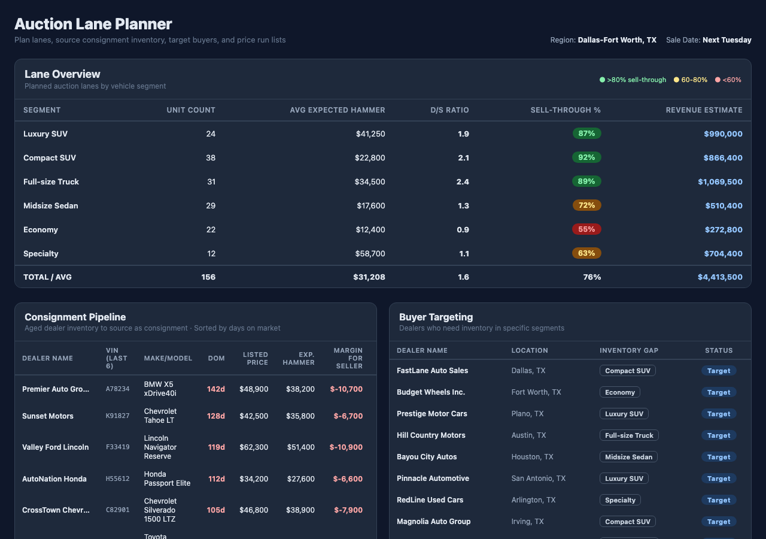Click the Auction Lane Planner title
pos(93,24)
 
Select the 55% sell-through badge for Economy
pos(586,229)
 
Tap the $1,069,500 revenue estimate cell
pos(720,181)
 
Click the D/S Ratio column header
pos(449,110)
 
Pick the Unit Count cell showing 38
pos(211,158)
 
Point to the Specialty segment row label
pos(41,253)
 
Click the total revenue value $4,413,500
pos(720,277)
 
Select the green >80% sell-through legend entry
pos(633,80)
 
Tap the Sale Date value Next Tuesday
pos(727,40)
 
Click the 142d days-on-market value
pos(216,389)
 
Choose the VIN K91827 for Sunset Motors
pos(118,416)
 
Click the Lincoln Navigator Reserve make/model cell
pos(158,447)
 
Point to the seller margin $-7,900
pos(348,510)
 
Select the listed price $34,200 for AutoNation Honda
pos(254,479)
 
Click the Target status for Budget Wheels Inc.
pos(718,392)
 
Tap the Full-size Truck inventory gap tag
pos(629,435)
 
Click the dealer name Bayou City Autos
pos(427,457)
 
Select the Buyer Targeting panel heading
pos(436,317)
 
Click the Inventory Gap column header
pos(629,350)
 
